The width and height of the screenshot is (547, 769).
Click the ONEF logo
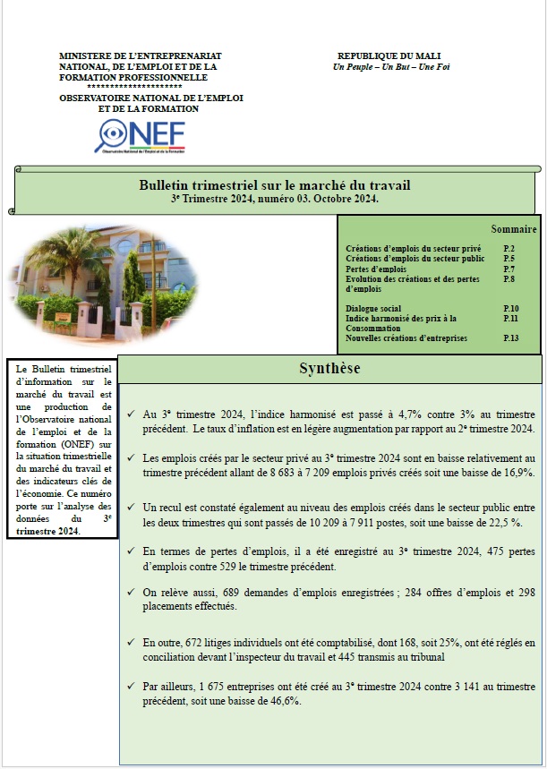pos(141,135)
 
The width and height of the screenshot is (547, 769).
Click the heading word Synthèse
pos(330,369)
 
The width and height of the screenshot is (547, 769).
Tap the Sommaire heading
pos(514,229)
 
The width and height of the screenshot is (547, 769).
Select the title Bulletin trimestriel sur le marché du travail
pos(275,185)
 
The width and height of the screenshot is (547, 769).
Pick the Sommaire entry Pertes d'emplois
pos(375,269)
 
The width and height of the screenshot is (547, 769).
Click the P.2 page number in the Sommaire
pos(509,248)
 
